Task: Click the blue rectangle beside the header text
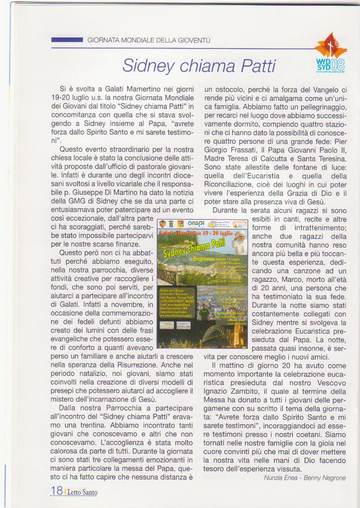67,40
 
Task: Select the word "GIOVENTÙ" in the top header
193,40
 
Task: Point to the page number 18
56,491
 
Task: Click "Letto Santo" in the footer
82,492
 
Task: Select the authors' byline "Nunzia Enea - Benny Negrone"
305,478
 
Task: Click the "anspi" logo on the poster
196,224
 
